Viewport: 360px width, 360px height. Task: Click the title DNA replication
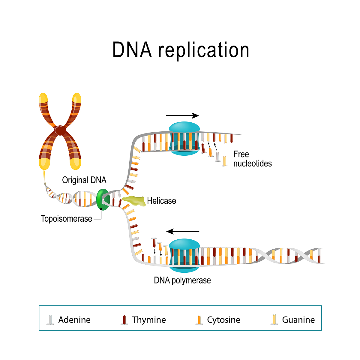pyautogui.click(x=181, y=50)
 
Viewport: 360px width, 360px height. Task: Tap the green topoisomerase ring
pyautogui.click(x=103, y=199)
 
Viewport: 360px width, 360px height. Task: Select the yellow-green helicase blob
pyautogui.click(x=133, y=201)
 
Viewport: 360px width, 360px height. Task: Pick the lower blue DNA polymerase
pyautogui.click(x=184, y=255)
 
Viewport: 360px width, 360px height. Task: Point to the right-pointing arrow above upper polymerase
pyautogui.click(x=182, y=116)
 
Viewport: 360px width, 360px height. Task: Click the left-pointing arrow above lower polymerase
pyautogui.click(x=183, y=231)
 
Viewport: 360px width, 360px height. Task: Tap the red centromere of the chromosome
pyautogui.click(x=61, y=130)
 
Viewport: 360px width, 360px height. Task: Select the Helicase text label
pyautogui.click(x=161, y=201)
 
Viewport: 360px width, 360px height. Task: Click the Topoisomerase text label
pyautogui.click(x=66, y=218)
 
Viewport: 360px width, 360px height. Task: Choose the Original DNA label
pyautogui.click(x=84, y=180)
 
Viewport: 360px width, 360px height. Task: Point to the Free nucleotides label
pyautogui.click(x=252, y=159)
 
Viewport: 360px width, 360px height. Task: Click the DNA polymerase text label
pyautogui.click(x=182, y=280)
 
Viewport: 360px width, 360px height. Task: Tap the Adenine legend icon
pyautogui.click(x=50, y=320)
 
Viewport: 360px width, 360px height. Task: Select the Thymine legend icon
pyautogui.click(x=124, y=320)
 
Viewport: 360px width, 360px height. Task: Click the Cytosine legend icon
pyautogui.click(x=199, y=320)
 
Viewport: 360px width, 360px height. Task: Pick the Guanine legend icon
pyautogui.click(x=274, y=320)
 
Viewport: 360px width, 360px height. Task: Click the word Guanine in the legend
pyautogui.click(x=298, y=320)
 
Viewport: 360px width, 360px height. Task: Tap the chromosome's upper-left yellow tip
pyautogui.click(x=43, y=99)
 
